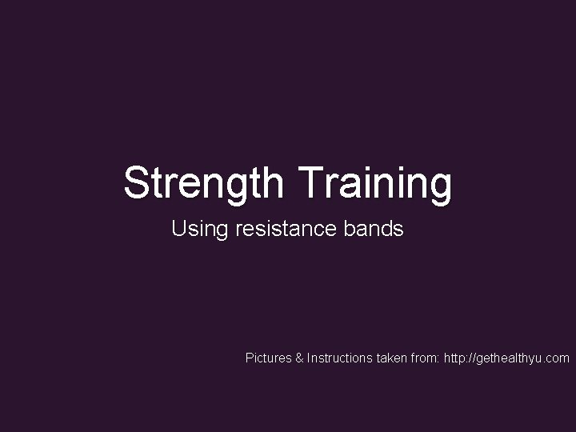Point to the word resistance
click(286, 230)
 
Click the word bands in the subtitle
click(374, 230)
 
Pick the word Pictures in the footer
click(268, 358)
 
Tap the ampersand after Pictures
click(300, 358)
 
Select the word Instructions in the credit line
click(340, 358)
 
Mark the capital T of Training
click(310, 182)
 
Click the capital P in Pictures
click(249, 358)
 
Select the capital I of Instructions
click(309, 358)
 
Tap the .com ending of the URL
click(558, 358)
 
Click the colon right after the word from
click(438, 358)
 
